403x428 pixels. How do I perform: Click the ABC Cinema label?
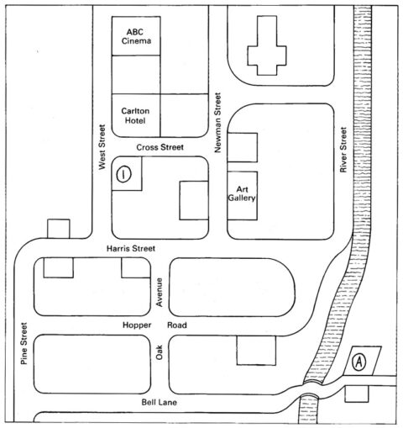[x=136, y=36]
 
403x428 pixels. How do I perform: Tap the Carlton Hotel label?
[x=135, y=116]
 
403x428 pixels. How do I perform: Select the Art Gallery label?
[x=242, y=193]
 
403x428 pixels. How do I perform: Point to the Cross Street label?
[x=160, y=147]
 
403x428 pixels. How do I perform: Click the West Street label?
[x=102, y=147]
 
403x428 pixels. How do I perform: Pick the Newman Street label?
[x=217, y=123]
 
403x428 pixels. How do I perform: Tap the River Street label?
[x=343, y=150]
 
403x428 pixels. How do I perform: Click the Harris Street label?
[x=131, y=248]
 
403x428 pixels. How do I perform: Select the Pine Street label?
[x=24, y=343]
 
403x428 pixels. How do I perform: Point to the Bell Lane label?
[x=159, y=402]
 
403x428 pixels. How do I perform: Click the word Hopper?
[x=137, y=325]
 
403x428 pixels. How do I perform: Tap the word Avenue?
[x=159, y=292]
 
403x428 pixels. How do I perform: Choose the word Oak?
[x=159, y=352]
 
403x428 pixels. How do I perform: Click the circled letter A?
[x=359, y=362]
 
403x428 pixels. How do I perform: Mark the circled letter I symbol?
[x=123, y=174]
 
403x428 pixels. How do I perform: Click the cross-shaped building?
[x=267, y=45]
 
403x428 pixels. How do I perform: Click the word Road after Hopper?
[x=177, y=325]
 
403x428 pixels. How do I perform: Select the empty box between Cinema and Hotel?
[x=136, y=74]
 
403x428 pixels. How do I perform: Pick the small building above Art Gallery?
[x=243, y=147]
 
